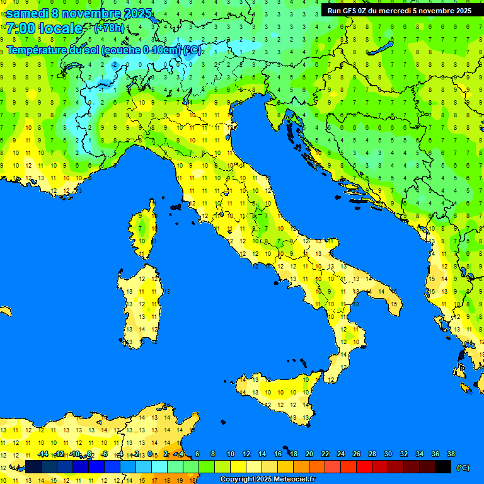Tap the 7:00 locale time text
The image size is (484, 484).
44,28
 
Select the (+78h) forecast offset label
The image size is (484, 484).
109,28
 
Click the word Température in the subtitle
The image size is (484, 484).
35,50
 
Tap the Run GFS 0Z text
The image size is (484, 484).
347,11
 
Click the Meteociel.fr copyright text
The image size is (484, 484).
267,480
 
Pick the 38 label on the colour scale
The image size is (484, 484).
451,454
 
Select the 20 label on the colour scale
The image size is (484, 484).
309,454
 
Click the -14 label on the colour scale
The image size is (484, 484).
43,454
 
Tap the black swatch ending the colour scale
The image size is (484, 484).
443,466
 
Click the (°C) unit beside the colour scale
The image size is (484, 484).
463,468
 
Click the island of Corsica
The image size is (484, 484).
144,230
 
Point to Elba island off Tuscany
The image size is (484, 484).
176,207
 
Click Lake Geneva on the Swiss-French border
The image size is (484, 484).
72,66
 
